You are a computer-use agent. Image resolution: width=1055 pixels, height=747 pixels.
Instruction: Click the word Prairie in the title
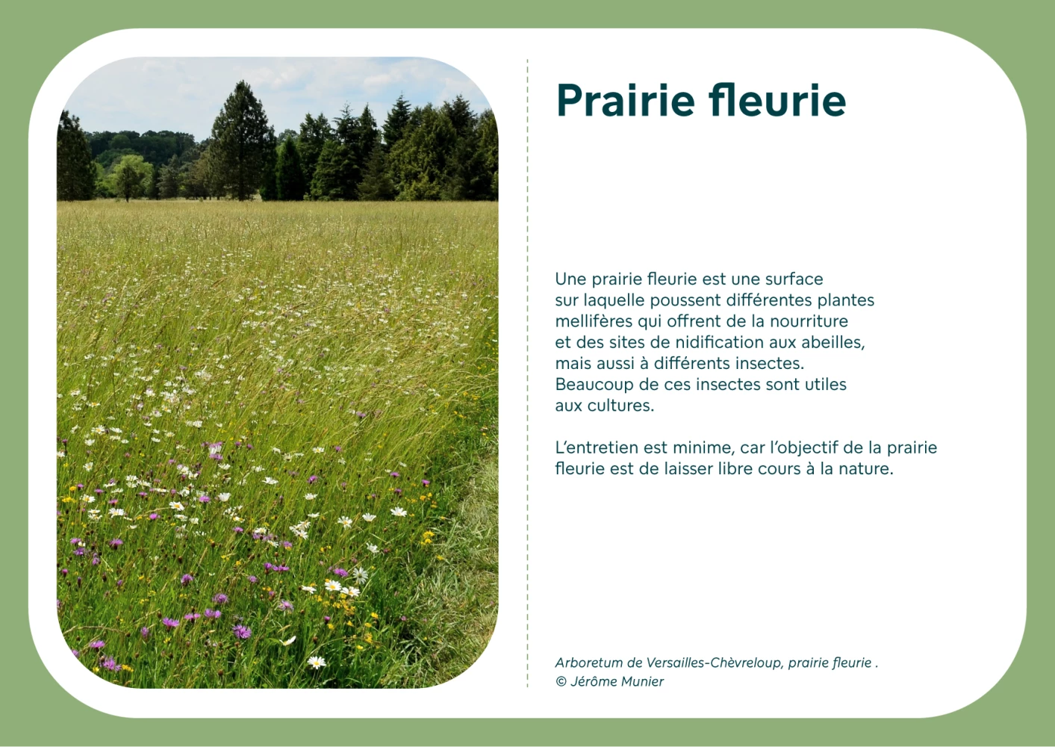tap(626, 100)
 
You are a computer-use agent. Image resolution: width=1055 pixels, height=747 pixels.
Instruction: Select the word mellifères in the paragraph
tap(594, 321)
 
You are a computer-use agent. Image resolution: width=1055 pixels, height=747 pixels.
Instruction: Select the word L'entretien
tap(597, 447)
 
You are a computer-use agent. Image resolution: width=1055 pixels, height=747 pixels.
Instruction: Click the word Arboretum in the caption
tap(589, 663)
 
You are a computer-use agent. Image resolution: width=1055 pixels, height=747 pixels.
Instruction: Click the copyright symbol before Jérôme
tap(561, 681)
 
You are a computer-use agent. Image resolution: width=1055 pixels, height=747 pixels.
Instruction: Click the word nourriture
tap(809, 321)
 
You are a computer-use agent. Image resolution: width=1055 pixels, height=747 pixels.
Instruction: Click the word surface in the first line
tap(794, 279)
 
